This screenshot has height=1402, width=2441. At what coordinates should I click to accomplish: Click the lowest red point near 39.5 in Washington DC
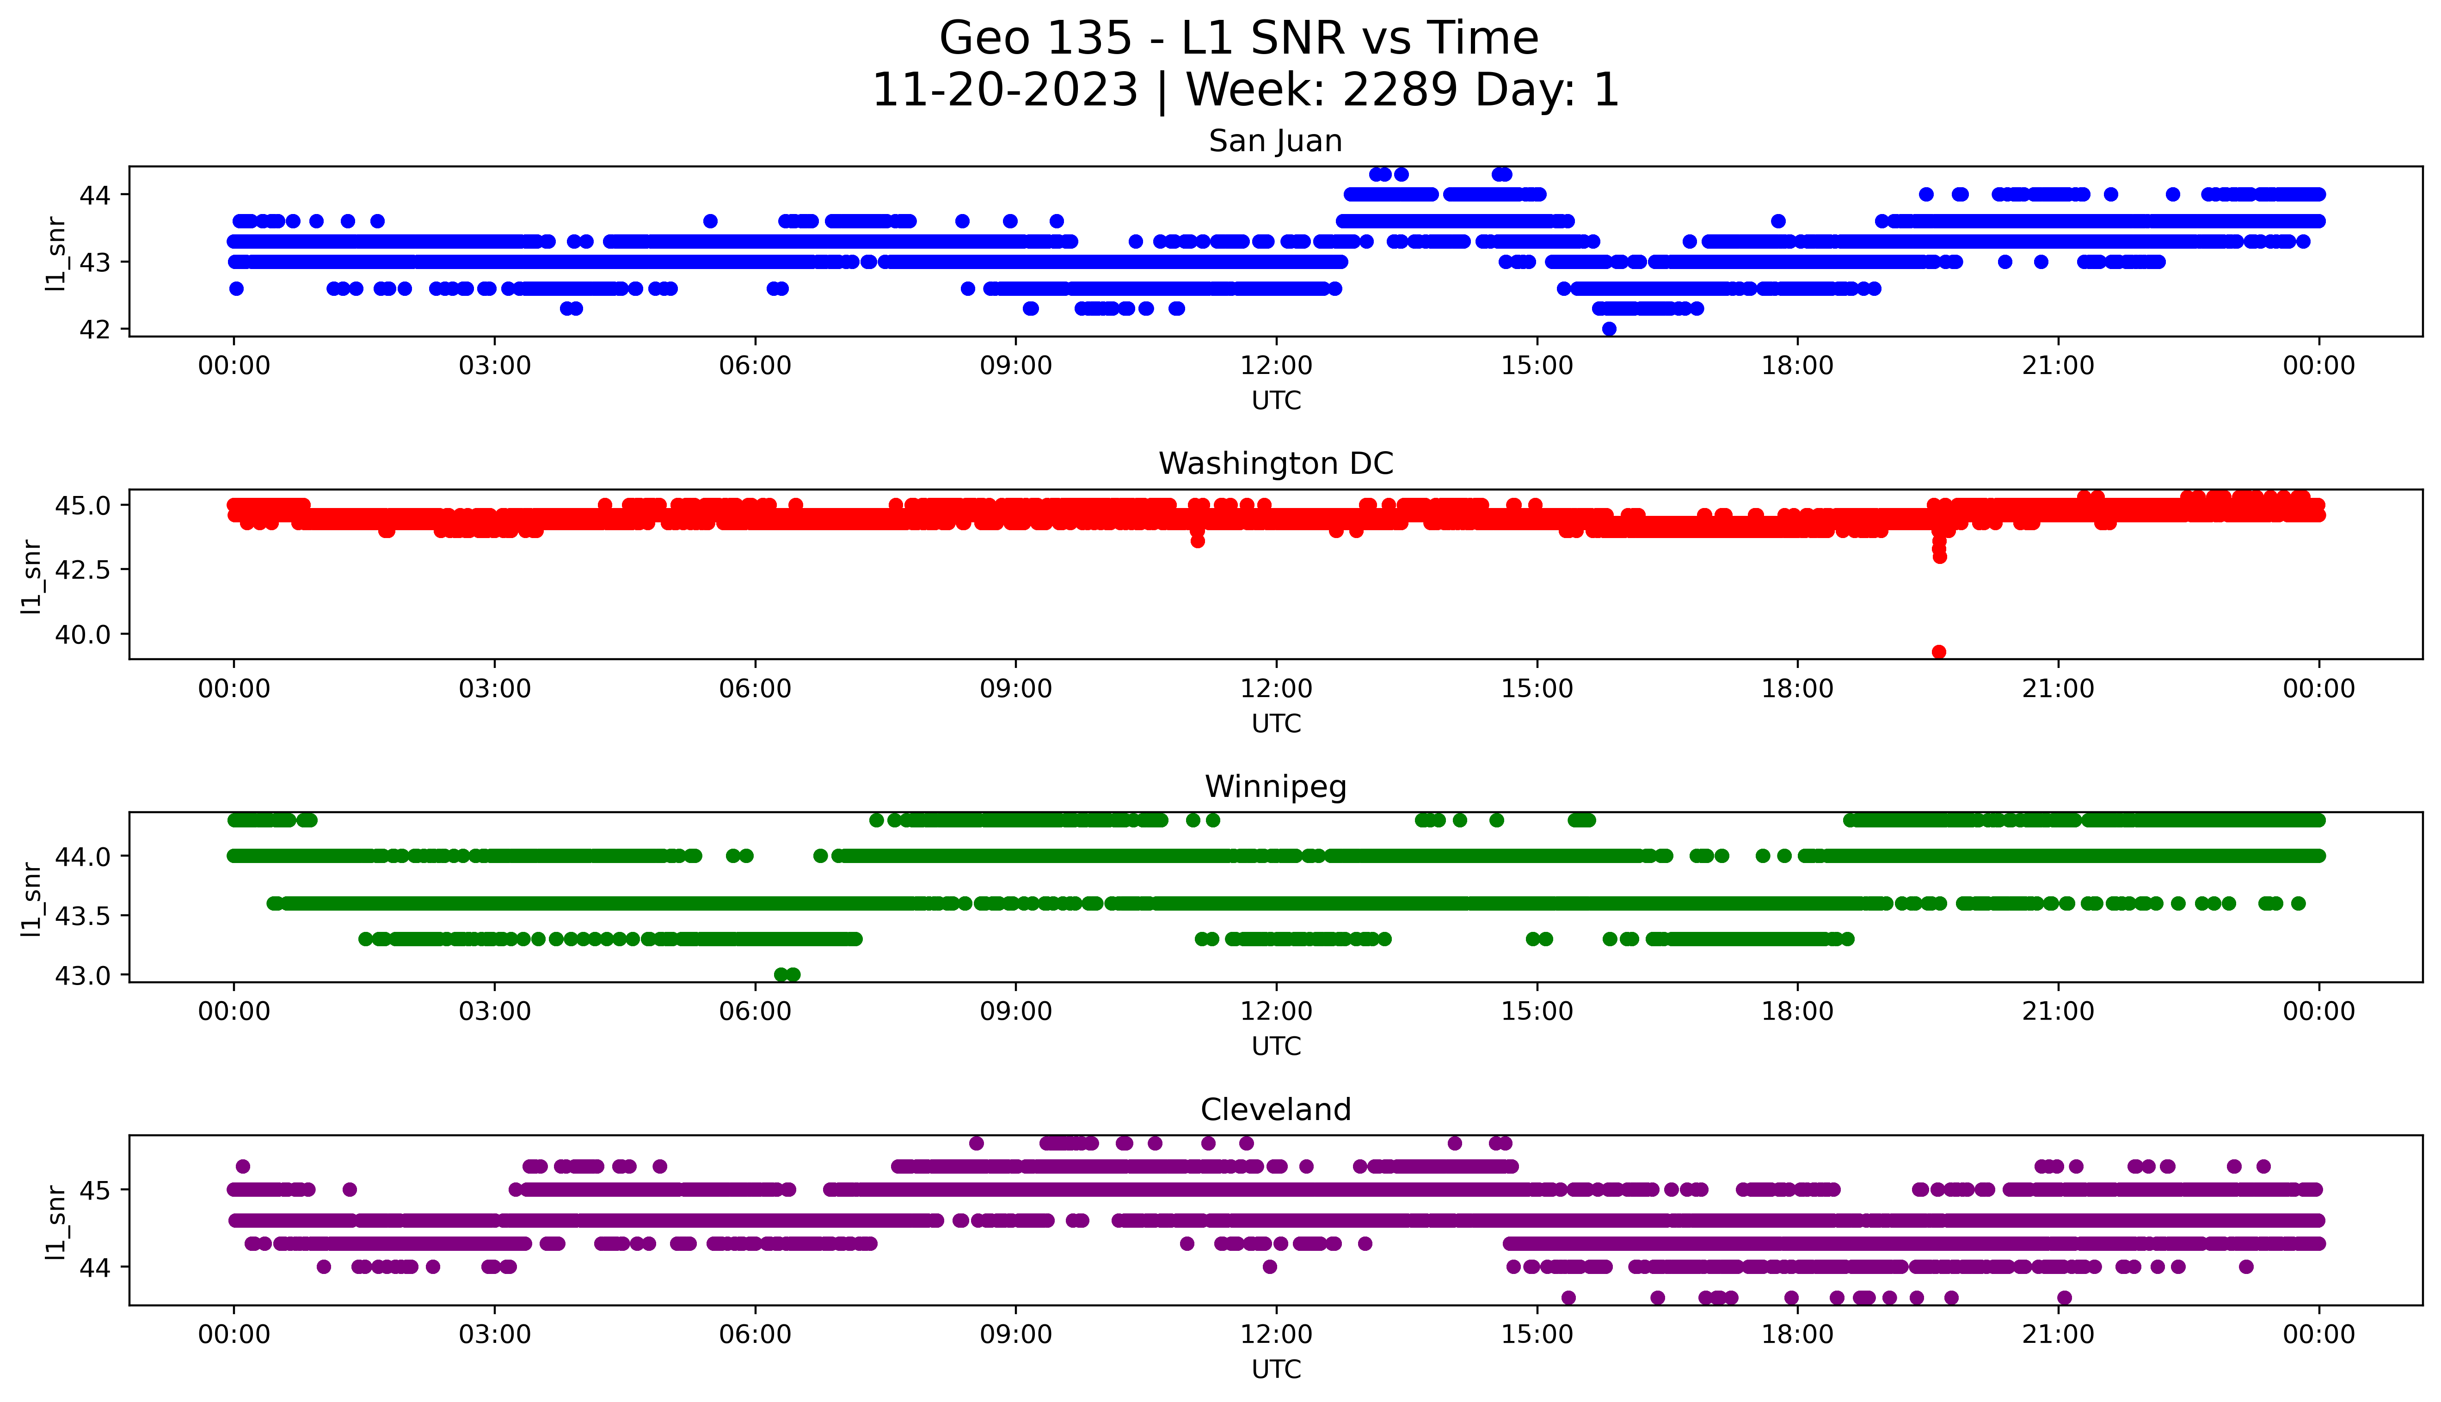(1938, 652)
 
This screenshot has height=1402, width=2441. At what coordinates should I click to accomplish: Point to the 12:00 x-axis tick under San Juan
(1276, 366)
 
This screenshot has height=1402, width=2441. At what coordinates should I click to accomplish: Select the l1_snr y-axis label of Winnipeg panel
(32, 899)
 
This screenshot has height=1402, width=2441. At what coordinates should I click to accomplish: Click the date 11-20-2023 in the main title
(1004, 91)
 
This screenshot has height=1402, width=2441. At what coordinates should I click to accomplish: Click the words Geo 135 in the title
(1035, 38)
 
